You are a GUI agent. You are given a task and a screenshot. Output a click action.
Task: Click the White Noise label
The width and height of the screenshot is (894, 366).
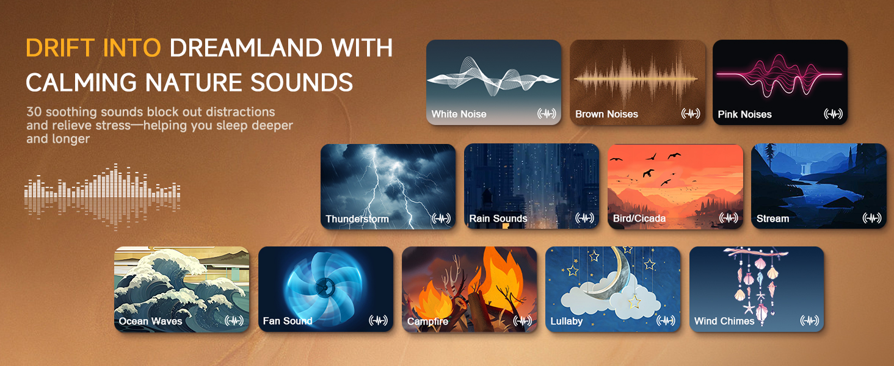459,114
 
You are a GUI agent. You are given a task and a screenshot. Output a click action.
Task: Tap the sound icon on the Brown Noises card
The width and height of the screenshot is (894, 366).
690,114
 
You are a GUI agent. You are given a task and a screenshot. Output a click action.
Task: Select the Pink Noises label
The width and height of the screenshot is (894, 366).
744,114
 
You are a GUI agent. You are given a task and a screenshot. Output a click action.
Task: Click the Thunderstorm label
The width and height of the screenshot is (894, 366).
357,218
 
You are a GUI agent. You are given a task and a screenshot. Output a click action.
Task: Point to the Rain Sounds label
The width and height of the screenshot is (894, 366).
498,218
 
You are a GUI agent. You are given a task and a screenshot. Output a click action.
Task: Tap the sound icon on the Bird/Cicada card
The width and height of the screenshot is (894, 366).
728,218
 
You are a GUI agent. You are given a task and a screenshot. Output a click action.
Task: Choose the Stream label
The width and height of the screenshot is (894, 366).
772,218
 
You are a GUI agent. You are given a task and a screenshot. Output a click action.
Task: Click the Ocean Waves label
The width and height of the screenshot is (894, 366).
150,321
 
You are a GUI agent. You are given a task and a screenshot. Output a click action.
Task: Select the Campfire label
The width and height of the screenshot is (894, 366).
427,321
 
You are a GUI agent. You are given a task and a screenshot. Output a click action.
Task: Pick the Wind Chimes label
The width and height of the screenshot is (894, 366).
724,321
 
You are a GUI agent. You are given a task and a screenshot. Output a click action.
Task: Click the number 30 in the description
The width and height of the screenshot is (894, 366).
34,112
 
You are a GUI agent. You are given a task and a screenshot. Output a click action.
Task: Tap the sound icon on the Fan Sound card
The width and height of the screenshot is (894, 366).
378,321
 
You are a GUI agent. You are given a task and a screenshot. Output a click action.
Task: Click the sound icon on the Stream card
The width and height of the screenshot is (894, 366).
871,218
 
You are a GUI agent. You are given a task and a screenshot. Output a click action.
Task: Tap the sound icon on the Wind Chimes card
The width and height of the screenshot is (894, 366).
809,321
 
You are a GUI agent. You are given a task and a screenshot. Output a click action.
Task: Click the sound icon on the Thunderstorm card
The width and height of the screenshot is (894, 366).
440,218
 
